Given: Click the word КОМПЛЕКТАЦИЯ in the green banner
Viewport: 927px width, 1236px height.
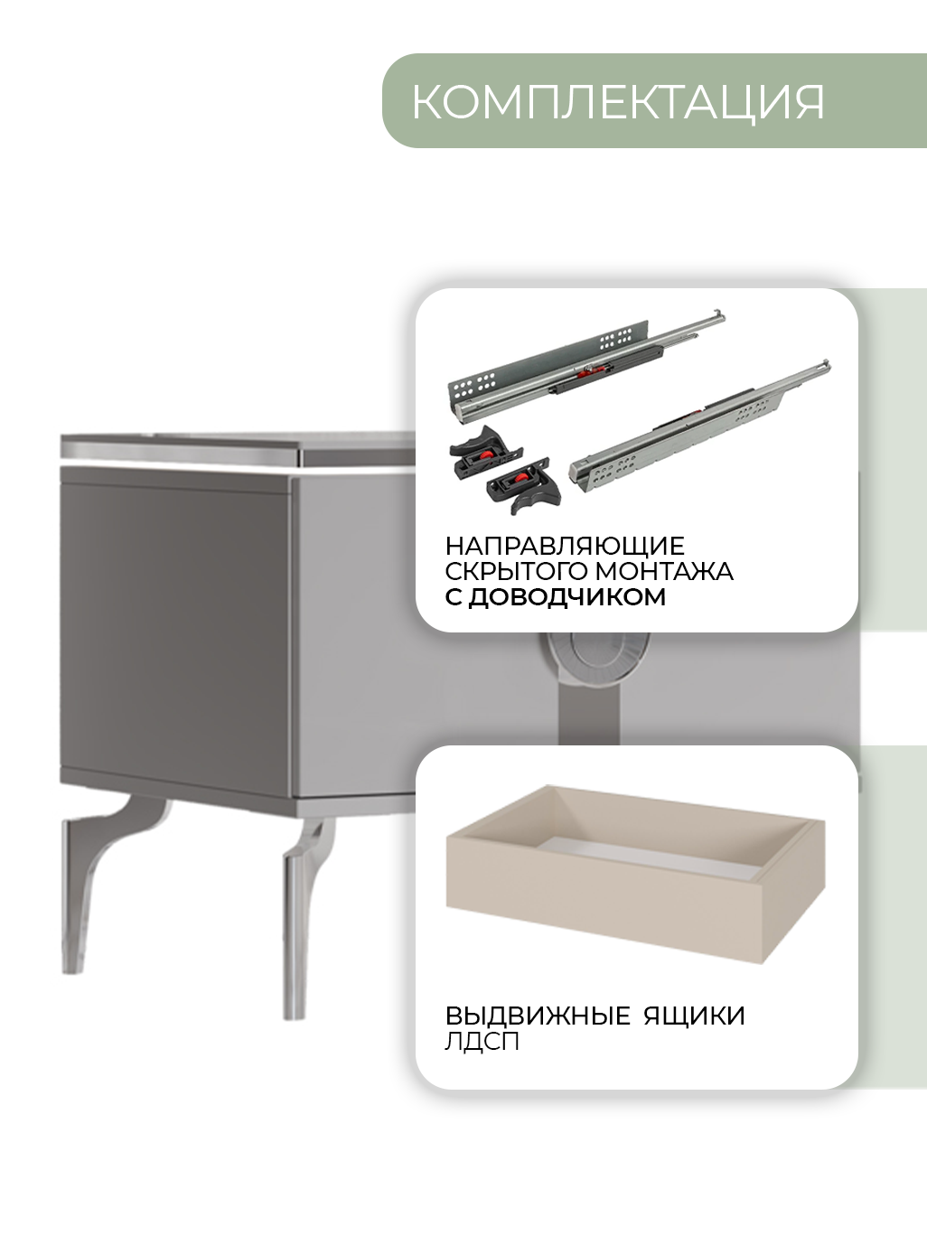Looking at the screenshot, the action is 618,102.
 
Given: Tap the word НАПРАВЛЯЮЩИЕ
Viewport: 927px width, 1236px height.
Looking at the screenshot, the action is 565,546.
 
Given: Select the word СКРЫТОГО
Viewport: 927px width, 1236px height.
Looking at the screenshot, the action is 516,571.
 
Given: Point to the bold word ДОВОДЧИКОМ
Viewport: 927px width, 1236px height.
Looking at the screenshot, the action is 567,597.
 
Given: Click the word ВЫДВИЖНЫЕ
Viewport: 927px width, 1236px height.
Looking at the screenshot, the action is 538,1016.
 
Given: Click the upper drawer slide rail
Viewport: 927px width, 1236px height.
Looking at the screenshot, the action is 585,366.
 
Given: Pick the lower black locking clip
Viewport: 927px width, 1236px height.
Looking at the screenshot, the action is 524,484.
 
